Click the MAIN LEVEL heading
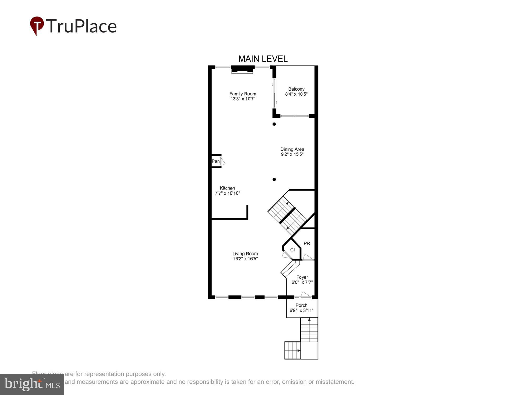pos(263,59)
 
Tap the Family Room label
pos(242,94)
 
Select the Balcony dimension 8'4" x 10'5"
pos(296,94)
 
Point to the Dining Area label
pos(292,149)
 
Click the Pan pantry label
pos(215,161)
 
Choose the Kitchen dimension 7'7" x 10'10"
pos(227,193)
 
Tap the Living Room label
pos(245,254)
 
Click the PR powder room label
pos(307,244)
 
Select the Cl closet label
pos(292,250)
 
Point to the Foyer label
pos(302,277)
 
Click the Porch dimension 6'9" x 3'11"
pos(301,310)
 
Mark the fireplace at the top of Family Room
pos(242,70)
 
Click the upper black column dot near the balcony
pos(274,124)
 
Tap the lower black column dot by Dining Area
pos(274,180)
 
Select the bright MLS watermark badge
pos(32,384)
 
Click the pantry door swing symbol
pos(222,161)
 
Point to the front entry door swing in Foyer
pos(306,295)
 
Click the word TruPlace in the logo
pos(82,26)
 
